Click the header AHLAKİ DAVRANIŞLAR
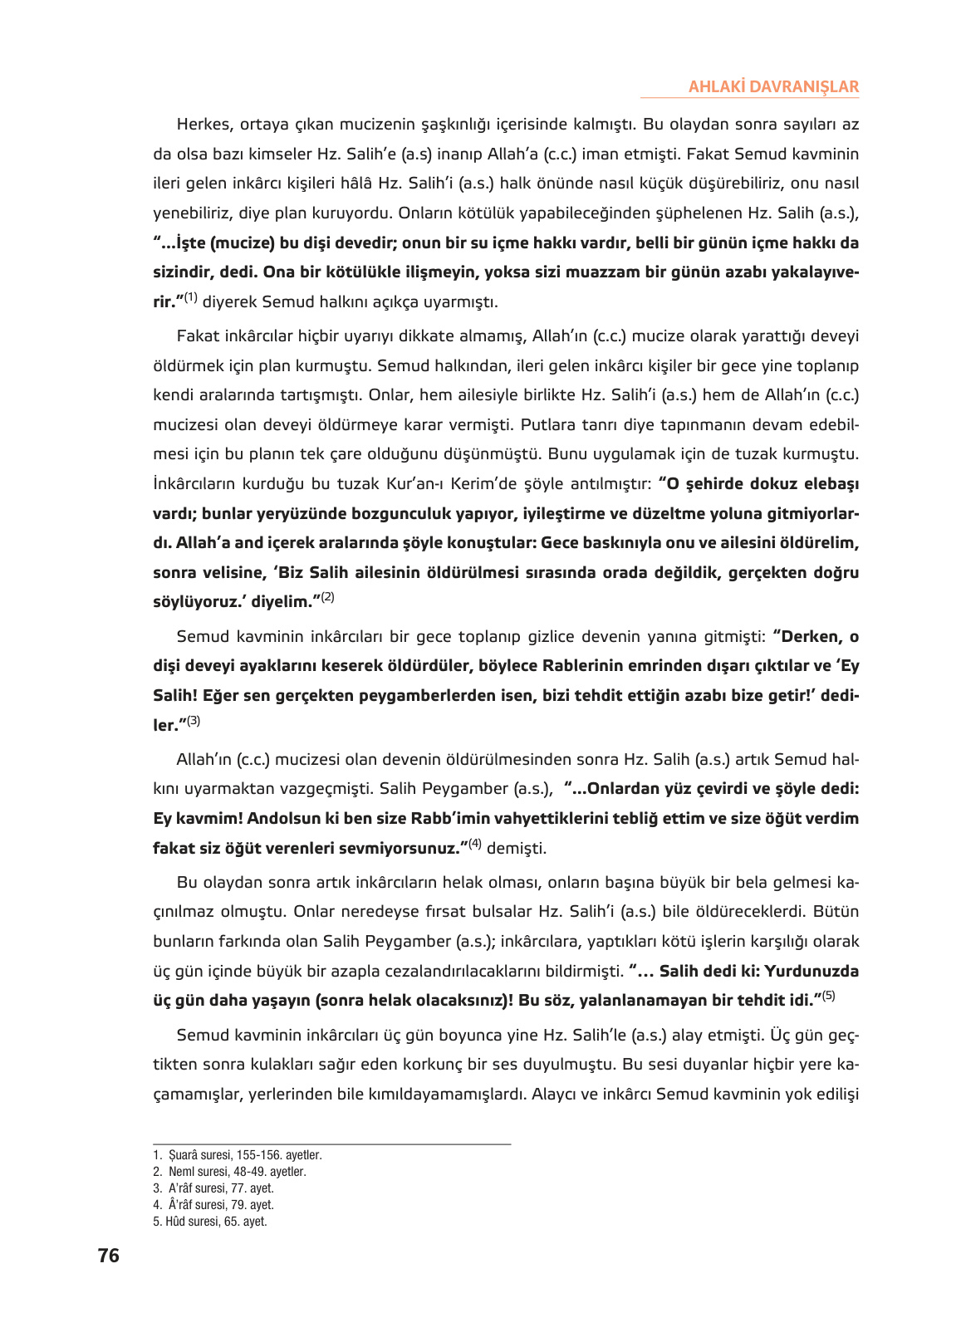pos(773,86)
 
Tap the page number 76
pos(108,1256)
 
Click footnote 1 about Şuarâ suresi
pos(238,1155)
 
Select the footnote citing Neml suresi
pos(229,1172)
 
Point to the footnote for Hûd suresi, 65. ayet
pos(210,1222)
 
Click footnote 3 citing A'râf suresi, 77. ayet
pos(213,1188)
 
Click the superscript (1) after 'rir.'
pos(191,297)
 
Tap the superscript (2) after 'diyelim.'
pos(327,597)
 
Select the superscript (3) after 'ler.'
pos(194,721)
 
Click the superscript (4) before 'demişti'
pos(475,844)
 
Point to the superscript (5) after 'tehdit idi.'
pos(828,996)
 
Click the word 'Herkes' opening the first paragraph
pos(203,125)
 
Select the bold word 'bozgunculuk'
pos(401,513)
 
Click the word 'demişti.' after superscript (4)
pos(517,849)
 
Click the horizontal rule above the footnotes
pos(331,1144)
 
